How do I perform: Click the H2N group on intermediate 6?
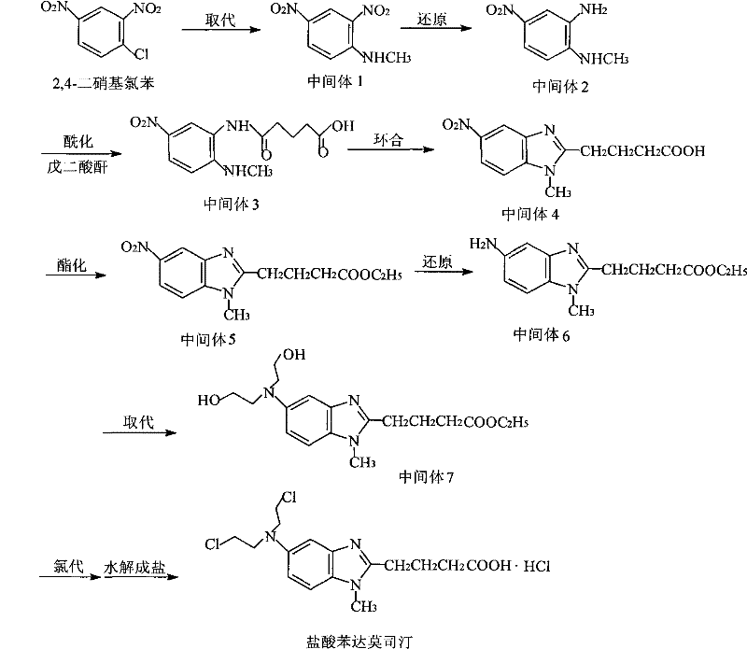[x=493, y=246]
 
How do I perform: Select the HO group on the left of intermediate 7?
[x=209, y=401]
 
